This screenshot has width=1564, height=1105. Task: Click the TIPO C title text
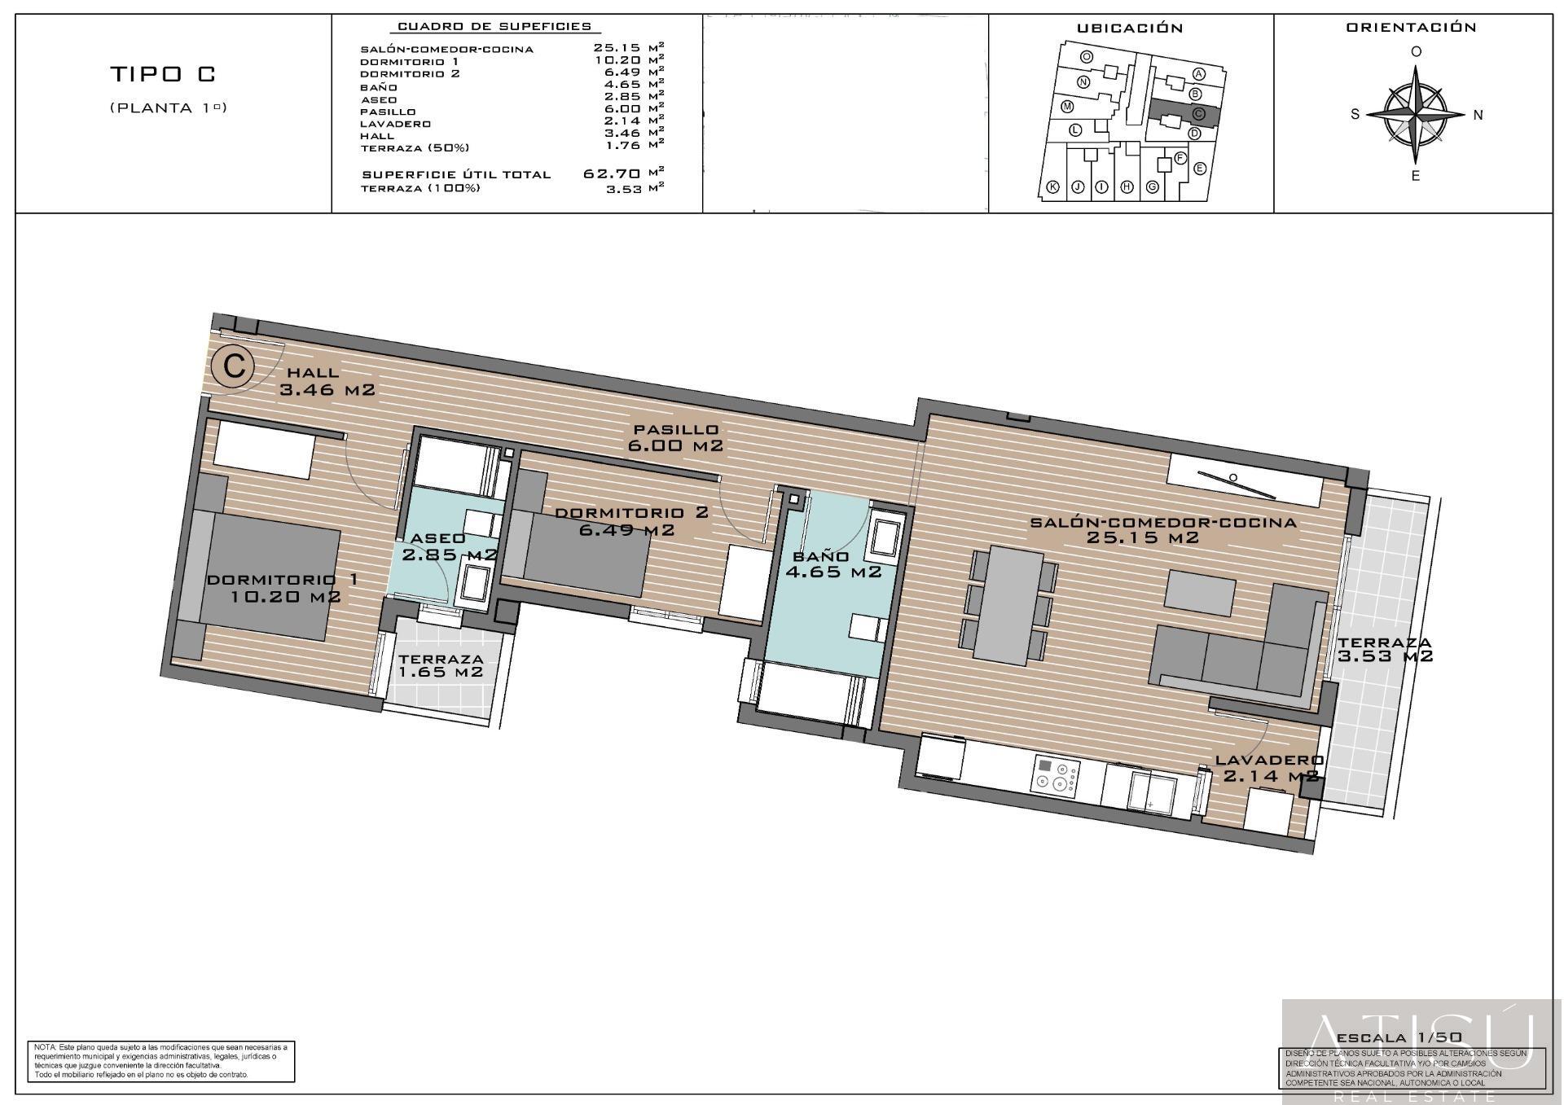[x=163, y=74]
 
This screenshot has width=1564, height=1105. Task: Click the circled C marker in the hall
[x=235, y=366]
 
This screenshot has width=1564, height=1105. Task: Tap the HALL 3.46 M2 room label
[x=326, y=382]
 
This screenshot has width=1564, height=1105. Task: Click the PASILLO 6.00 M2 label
[x=675, y=437]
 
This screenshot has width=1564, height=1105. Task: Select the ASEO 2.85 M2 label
[x=448, y=546]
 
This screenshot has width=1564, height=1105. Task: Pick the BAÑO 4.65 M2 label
[x=833, y=564]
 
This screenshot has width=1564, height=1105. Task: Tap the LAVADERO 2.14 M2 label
[x=1269, y=768]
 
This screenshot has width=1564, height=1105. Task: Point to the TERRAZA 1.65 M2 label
[x=441, y=665]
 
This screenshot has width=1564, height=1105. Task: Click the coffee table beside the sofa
[x=1199, y=593]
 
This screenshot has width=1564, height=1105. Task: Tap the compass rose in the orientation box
[x=1417, y=114]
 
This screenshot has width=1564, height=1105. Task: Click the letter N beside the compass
[x=1478, y=115]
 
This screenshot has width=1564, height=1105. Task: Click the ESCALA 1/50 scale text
[x=1399, y=1038]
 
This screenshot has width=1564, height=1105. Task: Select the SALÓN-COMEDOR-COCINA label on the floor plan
[x=1162, y=530]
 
